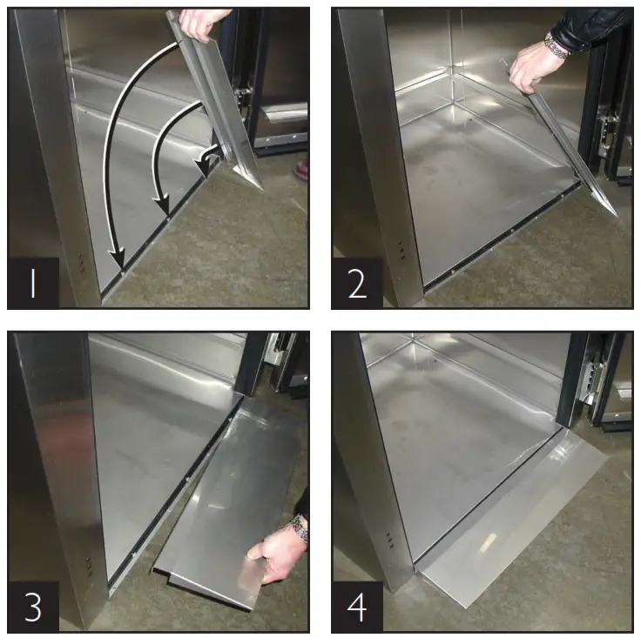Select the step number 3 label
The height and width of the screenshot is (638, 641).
(x=33, y=607)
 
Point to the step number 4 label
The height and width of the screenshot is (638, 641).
(x=357, y=607)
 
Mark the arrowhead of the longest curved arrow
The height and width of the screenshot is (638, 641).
(x=119, y=259)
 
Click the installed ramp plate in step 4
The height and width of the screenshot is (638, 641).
(x=505, y=522)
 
